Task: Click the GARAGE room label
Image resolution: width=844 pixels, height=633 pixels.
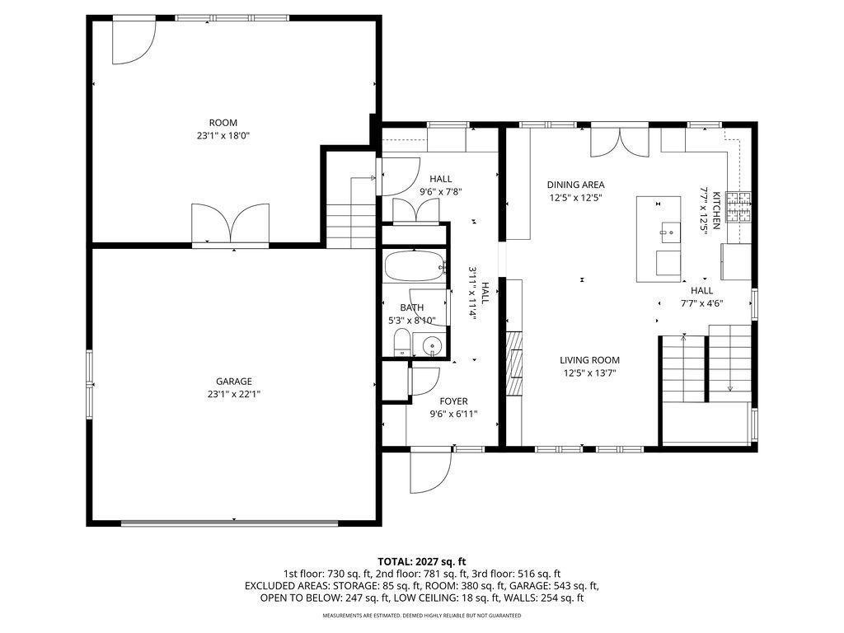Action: click(233, 382)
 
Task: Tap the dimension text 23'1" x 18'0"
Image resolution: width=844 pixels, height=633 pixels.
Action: click(223, 136)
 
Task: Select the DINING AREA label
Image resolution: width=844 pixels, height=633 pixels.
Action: click(575, 185)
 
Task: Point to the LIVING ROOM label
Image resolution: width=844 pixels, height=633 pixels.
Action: click(589, 360)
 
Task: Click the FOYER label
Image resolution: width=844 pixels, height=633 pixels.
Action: click(453, 401)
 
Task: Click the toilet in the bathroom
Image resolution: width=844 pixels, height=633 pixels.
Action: click(401, 343)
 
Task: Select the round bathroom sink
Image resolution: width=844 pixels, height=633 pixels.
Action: click(432, 345)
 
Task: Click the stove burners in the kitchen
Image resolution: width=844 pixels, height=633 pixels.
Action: click(738, 207)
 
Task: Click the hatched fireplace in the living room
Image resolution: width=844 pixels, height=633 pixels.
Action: click(514, 363)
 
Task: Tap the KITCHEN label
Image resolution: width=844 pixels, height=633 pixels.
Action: click(716, 210)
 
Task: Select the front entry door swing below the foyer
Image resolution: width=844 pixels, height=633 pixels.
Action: click(429, 470)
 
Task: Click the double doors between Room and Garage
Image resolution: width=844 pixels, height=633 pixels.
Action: click(231, 225)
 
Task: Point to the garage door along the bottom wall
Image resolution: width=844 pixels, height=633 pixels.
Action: click(230, 523)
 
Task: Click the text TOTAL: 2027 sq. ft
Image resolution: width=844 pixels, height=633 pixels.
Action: click(421, 562)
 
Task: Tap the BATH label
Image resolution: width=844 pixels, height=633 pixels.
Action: click(412, 308)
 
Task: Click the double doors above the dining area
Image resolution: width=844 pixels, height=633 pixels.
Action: click(620, 142)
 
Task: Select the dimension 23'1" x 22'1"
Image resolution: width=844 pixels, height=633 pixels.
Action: click(234, 395)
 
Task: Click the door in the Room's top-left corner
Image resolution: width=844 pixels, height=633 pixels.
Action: click(134, 42)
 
